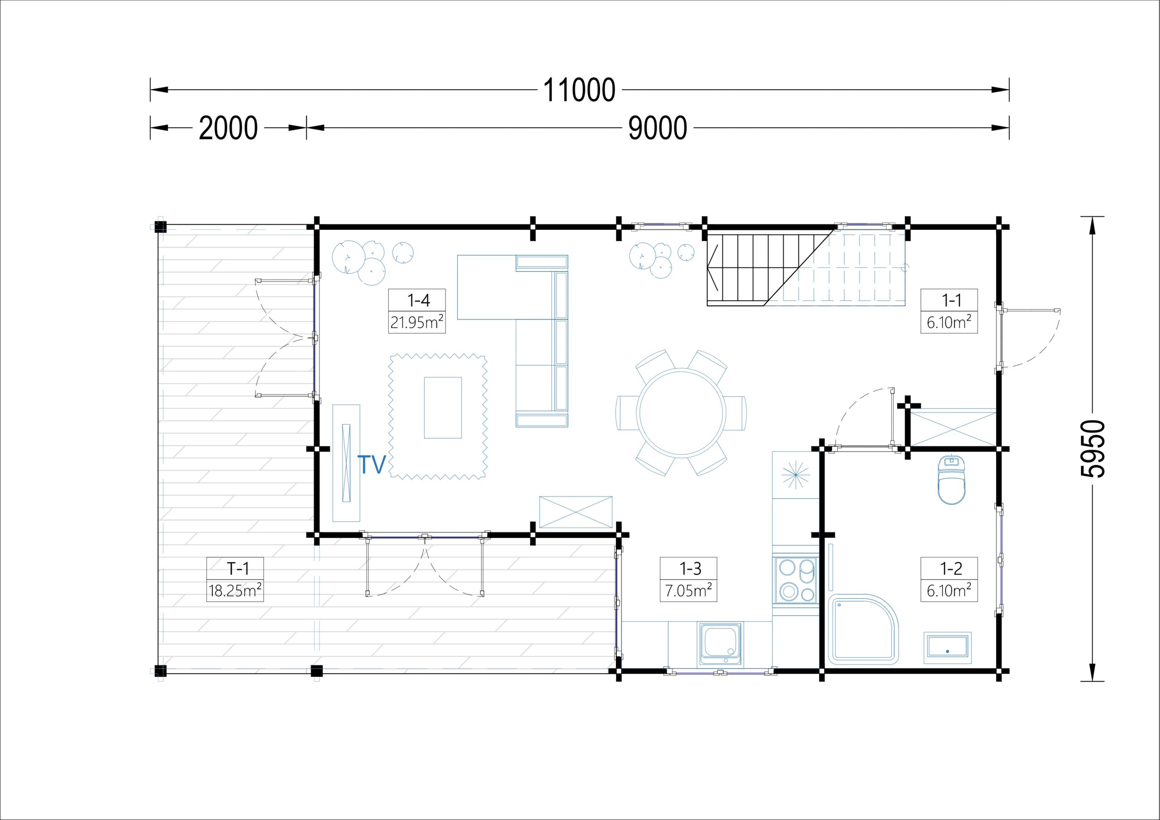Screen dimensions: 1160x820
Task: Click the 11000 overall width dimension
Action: tap(579, 91)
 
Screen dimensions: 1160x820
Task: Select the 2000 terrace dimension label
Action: tap(228, 128)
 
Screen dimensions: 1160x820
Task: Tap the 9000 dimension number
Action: tap(657, 128)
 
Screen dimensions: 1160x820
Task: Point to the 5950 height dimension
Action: tap(1093, 449)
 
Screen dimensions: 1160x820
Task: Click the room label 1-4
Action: tap(418, 300)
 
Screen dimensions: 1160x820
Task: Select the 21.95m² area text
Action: tap(417, 321)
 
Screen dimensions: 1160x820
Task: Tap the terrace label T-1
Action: tap(237, 568)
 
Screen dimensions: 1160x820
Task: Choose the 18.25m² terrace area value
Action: tap(235, 590)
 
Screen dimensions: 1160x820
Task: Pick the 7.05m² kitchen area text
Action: tap(689, 590)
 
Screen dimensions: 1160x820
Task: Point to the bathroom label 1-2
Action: tap(951, 568)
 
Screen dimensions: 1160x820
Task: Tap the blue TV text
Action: tap(372, 464)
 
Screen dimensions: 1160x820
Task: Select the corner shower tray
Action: tap(864, 630)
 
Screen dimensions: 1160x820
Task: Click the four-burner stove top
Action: tap(796, 580)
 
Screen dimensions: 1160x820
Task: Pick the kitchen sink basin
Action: tap(721, 643)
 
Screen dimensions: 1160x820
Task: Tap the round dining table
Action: tap(681, 413)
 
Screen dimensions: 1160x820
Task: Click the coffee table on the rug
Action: tap(443, 408)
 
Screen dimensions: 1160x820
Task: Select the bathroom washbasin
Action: tap(947, 648)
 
